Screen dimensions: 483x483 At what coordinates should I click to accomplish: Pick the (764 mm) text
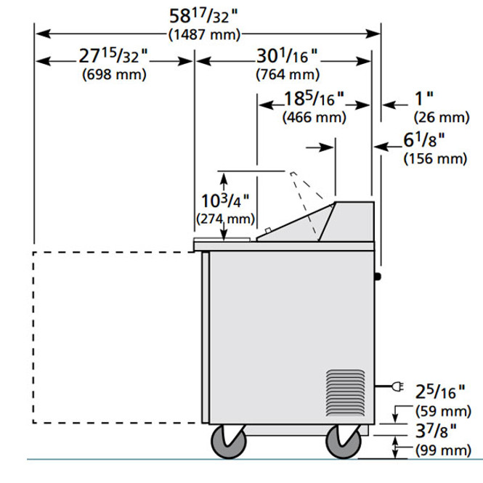(288, 74)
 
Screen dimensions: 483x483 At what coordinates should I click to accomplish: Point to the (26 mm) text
(440, 116)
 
